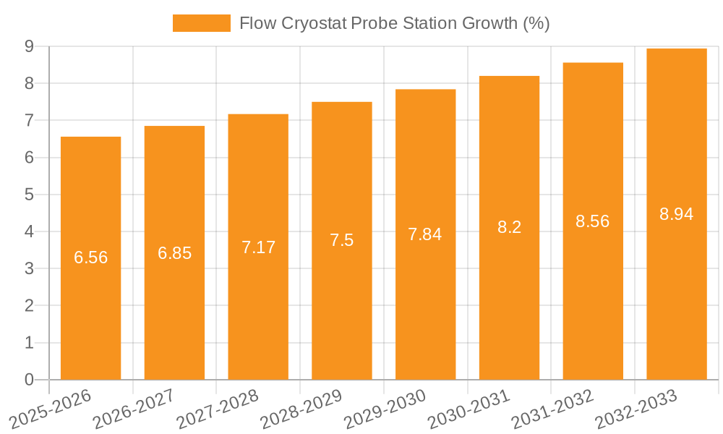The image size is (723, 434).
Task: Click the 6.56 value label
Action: [x=90, y=258]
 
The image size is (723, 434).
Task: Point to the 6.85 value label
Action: [x=174, y=253]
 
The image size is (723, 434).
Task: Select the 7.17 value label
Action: [x=258, y=247]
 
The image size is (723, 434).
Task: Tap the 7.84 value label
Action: [x=425, y=234]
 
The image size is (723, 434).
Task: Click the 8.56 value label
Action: [x=592, y=221]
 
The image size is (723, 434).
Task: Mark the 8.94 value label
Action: [x=676, y=214]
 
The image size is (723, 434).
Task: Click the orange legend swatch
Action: [x=201, y=23]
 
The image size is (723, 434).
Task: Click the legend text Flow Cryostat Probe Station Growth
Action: [x=394, y=23]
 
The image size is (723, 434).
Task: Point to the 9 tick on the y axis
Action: [x=29, y=46]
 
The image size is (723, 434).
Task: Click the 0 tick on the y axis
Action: [x=29, y=380]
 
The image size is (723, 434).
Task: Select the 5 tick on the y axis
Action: [x=29, y=195]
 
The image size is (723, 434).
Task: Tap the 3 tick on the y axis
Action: [x=29, y=269]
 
